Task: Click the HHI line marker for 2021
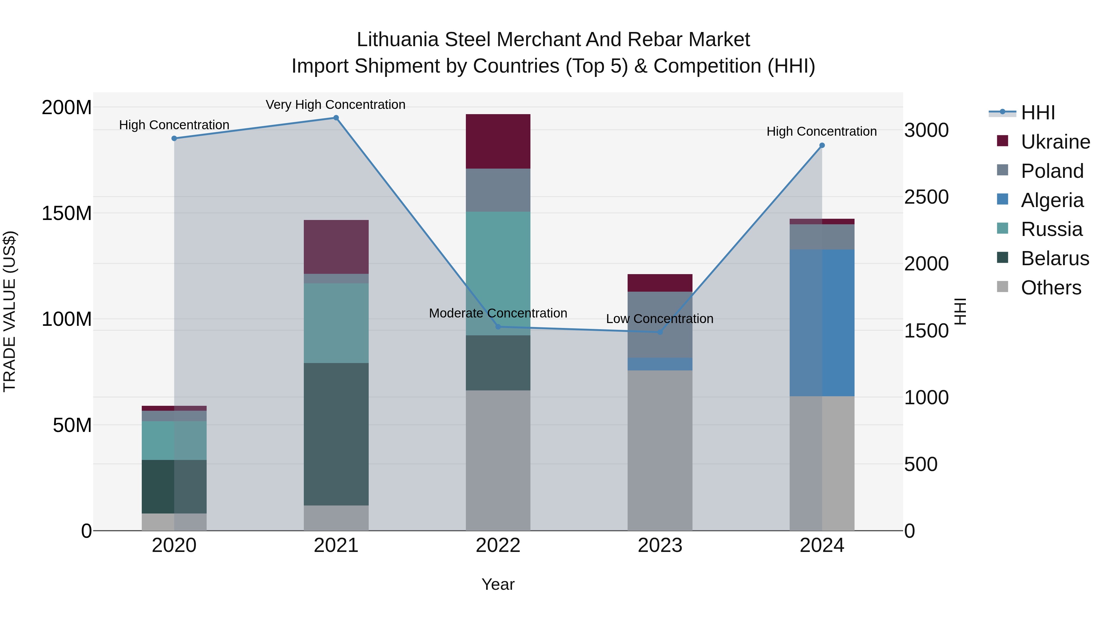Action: (336, 118)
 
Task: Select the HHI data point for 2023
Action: (660, 332)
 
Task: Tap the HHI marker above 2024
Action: (822, 145)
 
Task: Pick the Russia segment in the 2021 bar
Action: (336, 323)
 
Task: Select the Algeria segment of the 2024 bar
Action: (822, 322)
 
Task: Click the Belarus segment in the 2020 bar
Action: (174, 486)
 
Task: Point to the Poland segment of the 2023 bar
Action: (660, 325)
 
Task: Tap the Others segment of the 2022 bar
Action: (498, 460)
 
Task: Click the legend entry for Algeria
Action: (1052, 200)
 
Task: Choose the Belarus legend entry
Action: (1055, 258)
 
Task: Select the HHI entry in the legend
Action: (1038, 113)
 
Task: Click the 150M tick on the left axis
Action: (67, 213)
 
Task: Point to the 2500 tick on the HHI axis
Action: (926, 197)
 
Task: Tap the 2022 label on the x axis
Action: (498, 545)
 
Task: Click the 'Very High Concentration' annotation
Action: (335, 105)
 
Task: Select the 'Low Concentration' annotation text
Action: (660, 319)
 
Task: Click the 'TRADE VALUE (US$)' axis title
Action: (10, 311)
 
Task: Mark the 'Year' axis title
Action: (498, 584)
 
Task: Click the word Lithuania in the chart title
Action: (398, 40)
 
